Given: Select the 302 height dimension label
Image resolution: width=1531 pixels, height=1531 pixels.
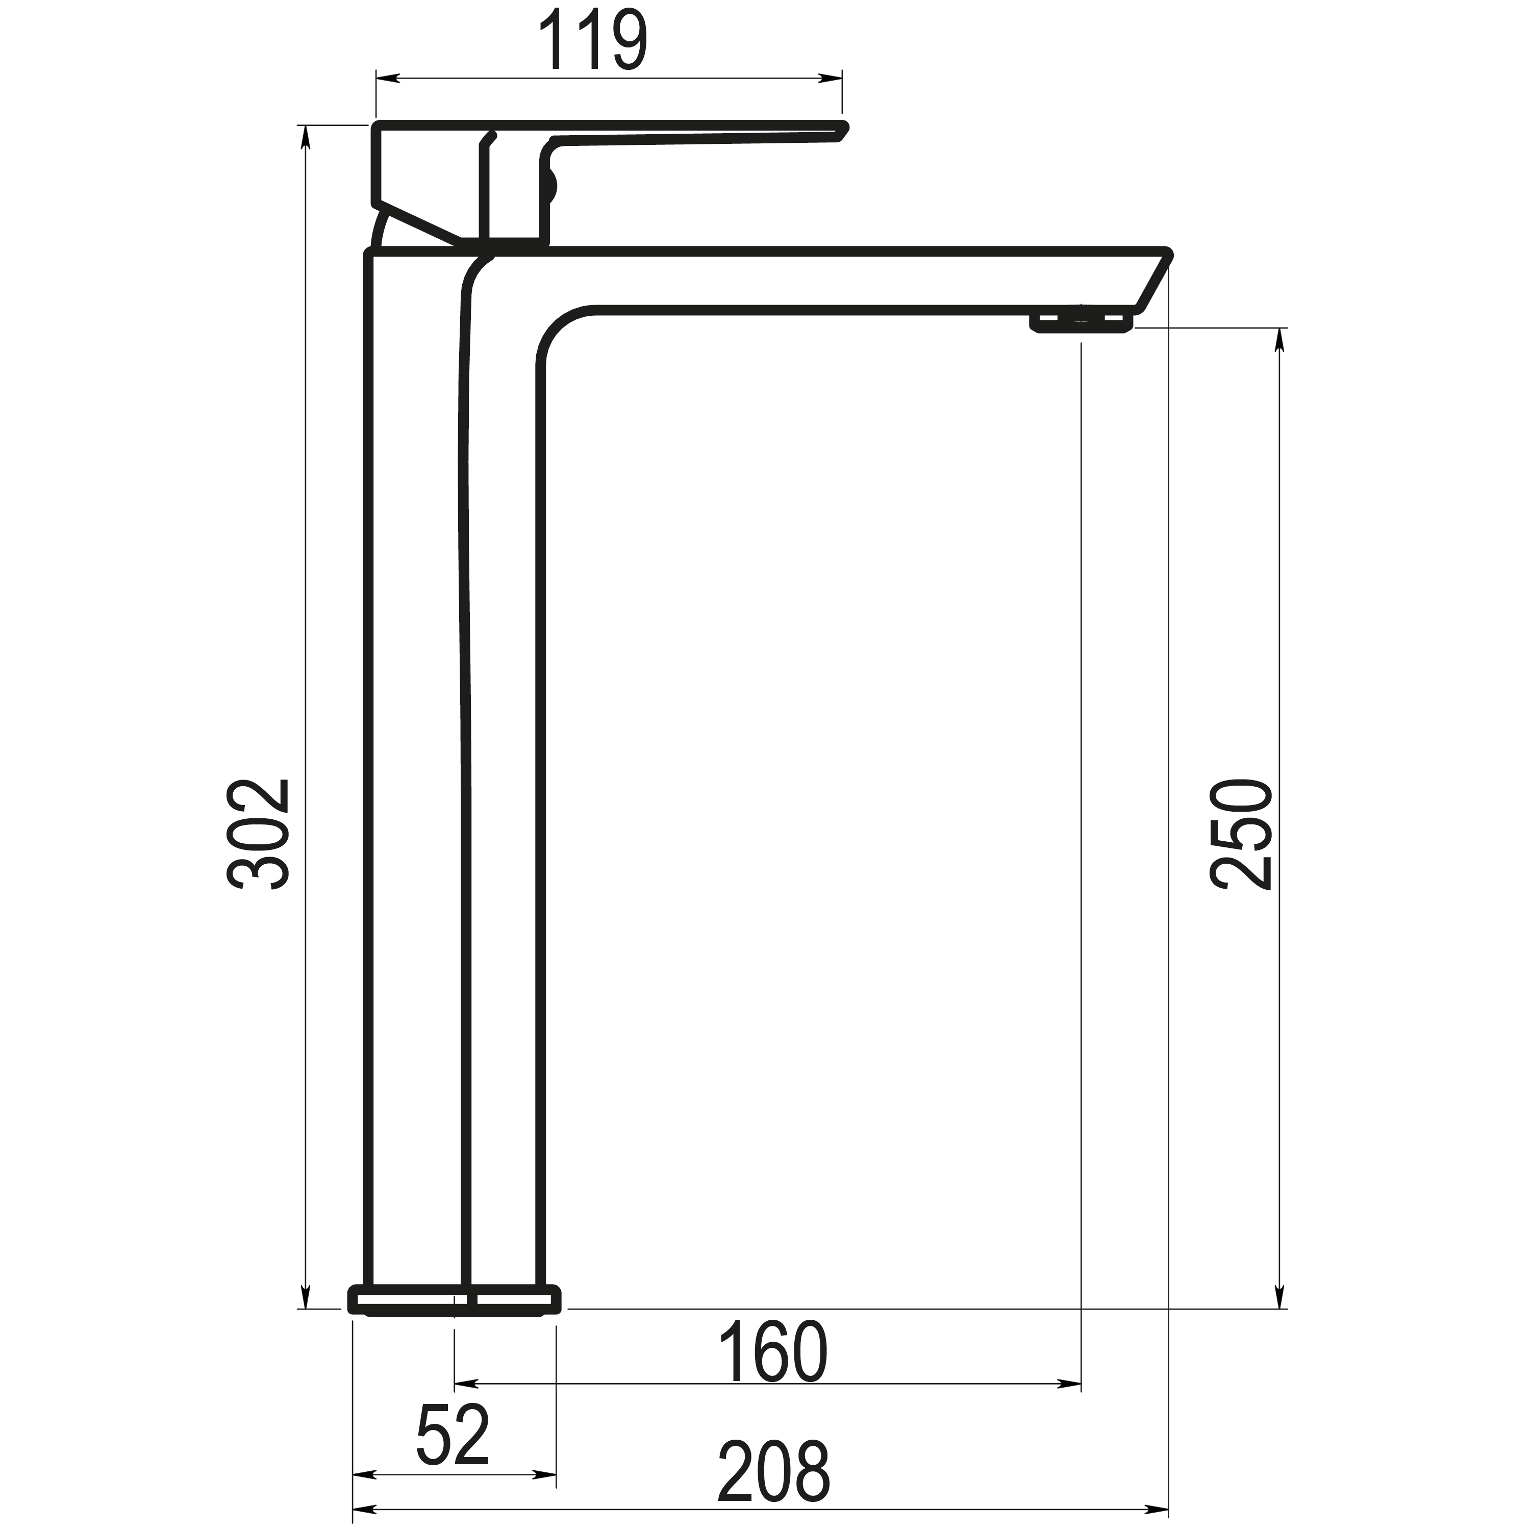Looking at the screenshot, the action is (x=258, y=835).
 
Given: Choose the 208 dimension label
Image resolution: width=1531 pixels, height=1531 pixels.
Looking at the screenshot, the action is (x=773, y=1472).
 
